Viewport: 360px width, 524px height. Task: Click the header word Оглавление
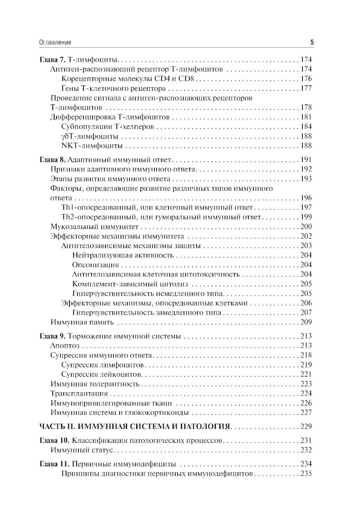coord(55,42)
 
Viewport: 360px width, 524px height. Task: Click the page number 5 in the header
coord(312,42)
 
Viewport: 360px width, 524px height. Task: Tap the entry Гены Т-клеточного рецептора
coord(113,88)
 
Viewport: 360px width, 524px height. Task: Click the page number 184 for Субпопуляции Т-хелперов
coord(306,126)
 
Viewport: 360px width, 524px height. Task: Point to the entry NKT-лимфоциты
coord(92,145)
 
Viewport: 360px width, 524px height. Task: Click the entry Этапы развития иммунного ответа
coord(111,179)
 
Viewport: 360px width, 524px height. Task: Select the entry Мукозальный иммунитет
coord(95,227)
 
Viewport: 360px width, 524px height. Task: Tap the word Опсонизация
coord(95,265)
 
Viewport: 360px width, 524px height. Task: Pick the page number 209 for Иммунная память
coord(306,322)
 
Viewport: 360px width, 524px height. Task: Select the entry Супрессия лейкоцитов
coord(102,375)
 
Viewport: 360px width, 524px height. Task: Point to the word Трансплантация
coord(79,394)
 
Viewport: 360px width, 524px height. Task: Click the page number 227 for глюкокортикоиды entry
coord(306,413)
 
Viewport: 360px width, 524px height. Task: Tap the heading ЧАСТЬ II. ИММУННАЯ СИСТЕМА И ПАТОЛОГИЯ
coord(134,427)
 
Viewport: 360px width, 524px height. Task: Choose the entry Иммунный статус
coord(82,450)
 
